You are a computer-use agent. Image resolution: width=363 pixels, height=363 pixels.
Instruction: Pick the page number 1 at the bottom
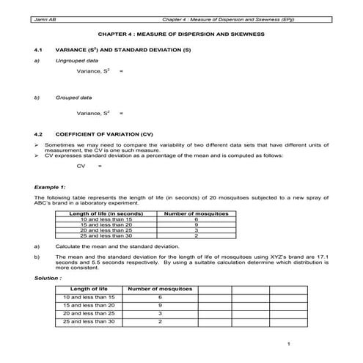(x=290, y=344)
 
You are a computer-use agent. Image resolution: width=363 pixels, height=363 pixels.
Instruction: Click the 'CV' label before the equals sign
(x=81, y=166)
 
